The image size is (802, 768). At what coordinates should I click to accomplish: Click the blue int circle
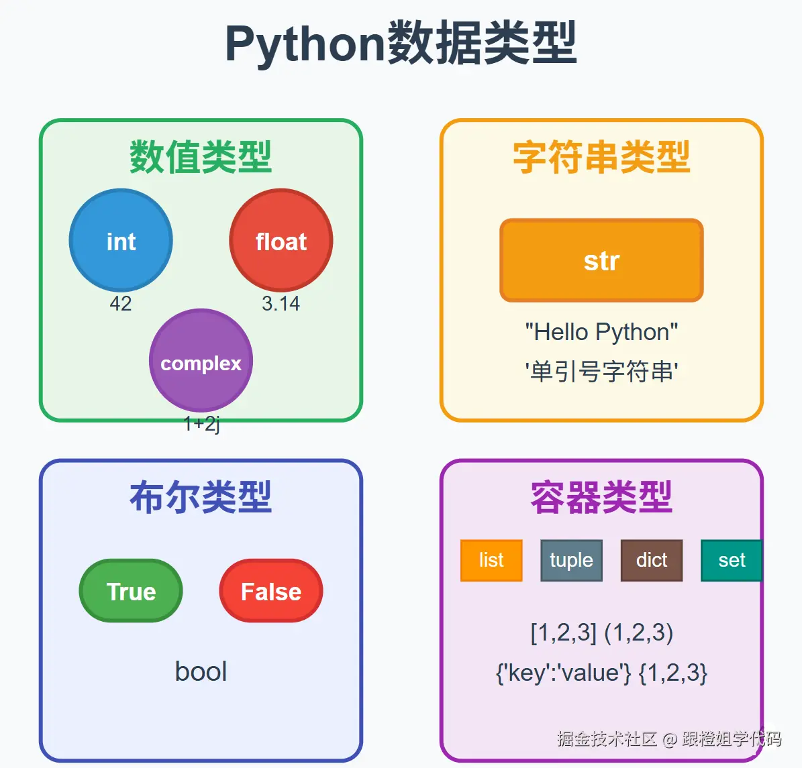(x=121, y=241)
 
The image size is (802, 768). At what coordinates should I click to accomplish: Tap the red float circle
(x=281, y=241)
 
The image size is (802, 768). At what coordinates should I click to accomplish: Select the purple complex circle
(x=201, y=362)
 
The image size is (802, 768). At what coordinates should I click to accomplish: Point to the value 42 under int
(x=121, y=304)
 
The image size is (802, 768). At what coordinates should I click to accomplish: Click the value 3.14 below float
(x=281, y=304)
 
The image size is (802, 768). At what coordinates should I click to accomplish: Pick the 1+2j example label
(x=201, y=423)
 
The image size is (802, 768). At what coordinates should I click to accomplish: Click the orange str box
(x=601, y=260)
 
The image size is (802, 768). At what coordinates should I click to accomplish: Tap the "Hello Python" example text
(x=601, y=332)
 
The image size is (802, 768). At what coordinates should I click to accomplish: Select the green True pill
(x=131, y=591)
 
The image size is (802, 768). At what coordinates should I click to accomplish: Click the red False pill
(x=271, y=591)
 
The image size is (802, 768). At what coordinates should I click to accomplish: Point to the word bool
(x=201, y=671)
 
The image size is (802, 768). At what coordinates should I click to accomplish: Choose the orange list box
(x=491, y=560)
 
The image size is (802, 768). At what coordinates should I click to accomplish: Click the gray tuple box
(x=571, y=560)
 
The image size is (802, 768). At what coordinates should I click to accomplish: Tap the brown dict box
(x=651, y=560)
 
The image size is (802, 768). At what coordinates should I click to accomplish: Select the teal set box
(x=731, y=560)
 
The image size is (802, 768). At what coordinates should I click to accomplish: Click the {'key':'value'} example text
(x=563, y=672)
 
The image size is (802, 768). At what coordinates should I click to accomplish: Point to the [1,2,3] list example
(x=563, y=633)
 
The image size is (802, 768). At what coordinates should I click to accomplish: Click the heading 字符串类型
(x=601, y=158)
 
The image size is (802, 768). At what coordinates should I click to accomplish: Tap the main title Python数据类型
(x=401, y=44)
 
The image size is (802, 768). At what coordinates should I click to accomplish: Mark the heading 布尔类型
(x=201, y=498)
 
